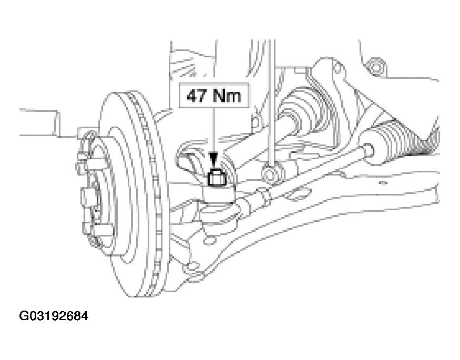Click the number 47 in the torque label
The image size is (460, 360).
(197, 96)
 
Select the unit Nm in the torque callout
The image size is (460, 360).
(227, 96)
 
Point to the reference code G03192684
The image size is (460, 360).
(54, 316)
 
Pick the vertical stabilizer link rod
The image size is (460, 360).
(272, 102)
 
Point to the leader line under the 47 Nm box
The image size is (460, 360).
(214, 131)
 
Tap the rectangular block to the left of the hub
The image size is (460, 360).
(38, 122)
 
